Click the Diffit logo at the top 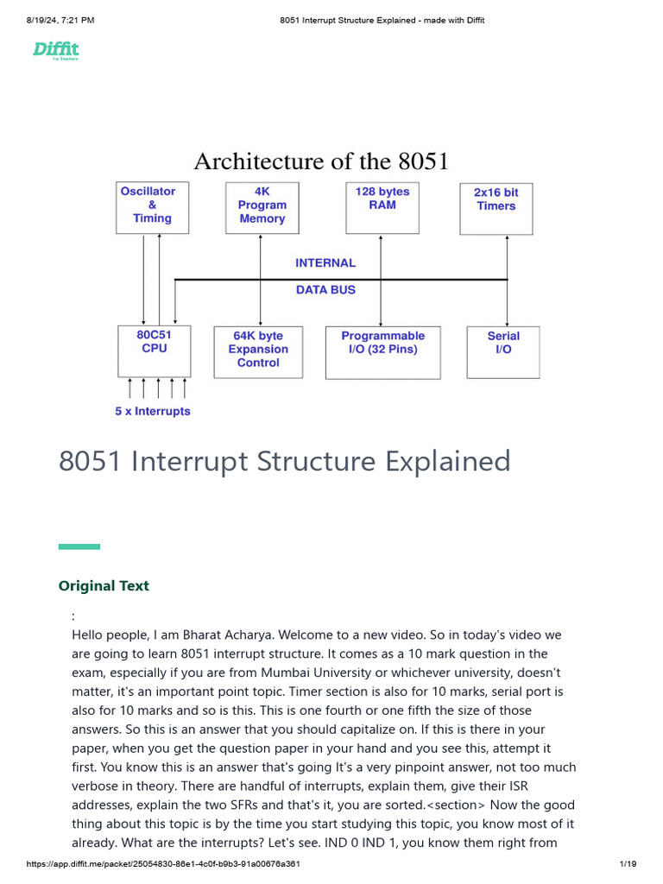tap(56, 50)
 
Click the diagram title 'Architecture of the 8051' tap(321, 161)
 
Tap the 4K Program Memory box tap(262, 207)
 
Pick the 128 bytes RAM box tap(382, 207)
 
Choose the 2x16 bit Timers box tap(496, 208)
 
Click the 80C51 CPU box tap(154, 350)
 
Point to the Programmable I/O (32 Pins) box tap(382, 351)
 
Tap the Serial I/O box tap(502, 351)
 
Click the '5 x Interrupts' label tap(153, 412)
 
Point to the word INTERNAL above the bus tap(325, 263)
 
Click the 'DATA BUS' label tap(325, 290)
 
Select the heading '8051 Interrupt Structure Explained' tap(285, 461)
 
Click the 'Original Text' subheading tap(104, 586)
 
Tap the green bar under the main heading tap(79, 546)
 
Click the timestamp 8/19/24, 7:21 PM tap(60, 20)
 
